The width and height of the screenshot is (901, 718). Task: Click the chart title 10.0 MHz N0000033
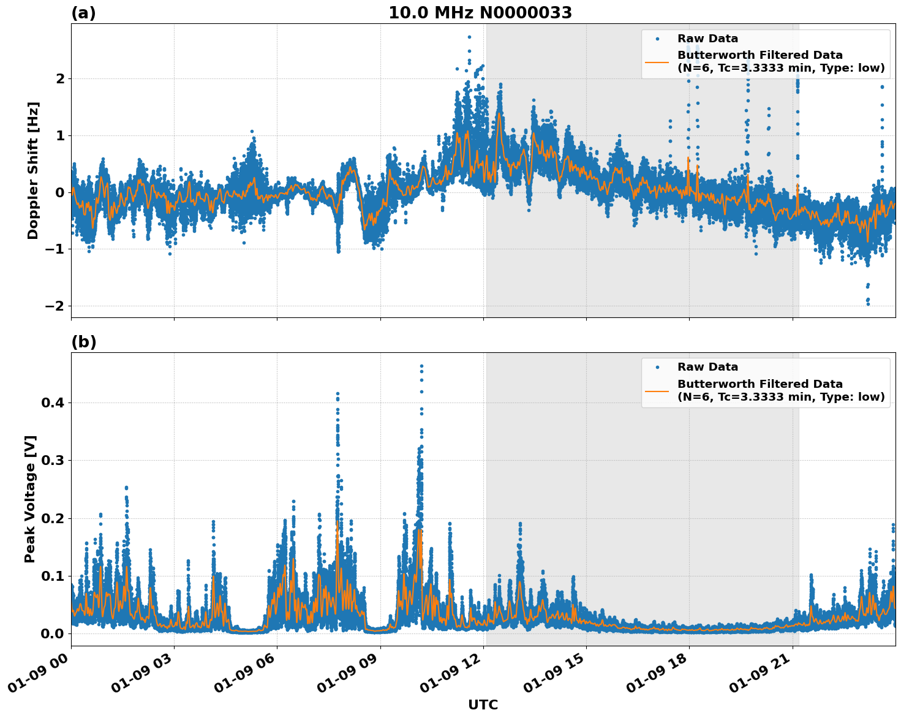pos(480,13)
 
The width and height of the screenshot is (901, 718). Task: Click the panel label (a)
pos(83,13)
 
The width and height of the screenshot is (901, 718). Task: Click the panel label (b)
pos(83,342)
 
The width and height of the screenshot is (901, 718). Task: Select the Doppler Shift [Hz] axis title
pos(33,170)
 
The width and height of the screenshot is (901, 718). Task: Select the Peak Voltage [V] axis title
pos(30,499)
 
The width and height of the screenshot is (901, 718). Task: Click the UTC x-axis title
pos(483,705)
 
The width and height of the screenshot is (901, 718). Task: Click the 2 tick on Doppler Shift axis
pos(60,78)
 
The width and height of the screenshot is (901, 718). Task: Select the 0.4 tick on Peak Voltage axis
pos(53,402)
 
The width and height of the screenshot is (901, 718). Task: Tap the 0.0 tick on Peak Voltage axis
pos(53,633)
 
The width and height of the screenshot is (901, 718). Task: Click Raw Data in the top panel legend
pos(707,39)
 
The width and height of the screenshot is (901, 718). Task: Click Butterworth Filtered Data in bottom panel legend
pos(760,384)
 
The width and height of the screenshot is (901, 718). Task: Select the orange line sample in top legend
pos(657,61)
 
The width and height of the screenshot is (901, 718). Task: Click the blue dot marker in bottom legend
pos(657,367)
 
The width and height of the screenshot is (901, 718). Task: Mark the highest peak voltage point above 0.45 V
pos(421,366)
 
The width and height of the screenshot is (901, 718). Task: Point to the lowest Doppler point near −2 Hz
pos(868,303)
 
